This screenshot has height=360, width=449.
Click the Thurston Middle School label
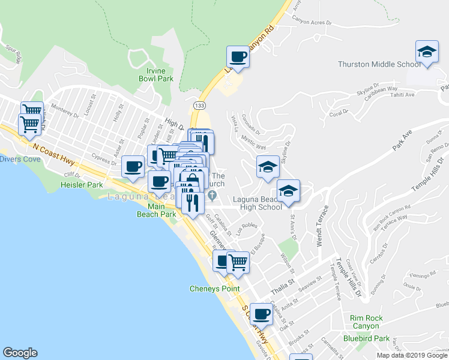click(379, 64)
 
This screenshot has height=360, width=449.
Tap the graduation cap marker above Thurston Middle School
click(426, 52)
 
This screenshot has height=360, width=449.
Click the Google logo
click(20, 353)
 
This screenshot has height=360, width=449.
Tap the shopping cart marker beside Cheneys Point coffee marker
click(238, 262)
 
